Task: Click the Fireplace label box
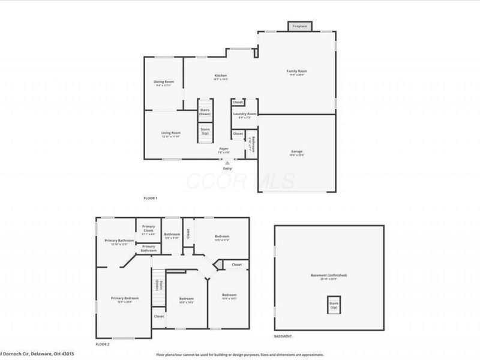click(x=299, y=27)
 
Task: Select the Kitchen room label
click(x=221, y=77)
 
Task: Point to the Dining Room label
click(x=163, y=83)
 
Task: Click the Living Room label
click(x=170, y=134)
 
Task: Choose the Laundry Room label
click(x=245, y=115)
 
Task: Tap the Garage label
click(x=297, y=152)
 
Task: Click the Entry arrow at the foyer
click(x=227, y=163)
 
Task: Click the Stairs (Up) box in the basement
click(x=333, y=304)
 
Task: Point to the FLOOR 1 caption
click(x=150, y=198)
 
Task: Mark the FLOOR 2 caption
click(x=103, y=345)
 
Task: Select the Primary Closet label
click(x=148, y=228)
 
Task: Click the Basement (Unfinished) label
click(x=328, y=276)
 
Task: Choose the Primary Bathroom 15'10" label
click(x=119, y=242)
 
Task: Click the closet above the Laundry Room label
click(x=238, y=103)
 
